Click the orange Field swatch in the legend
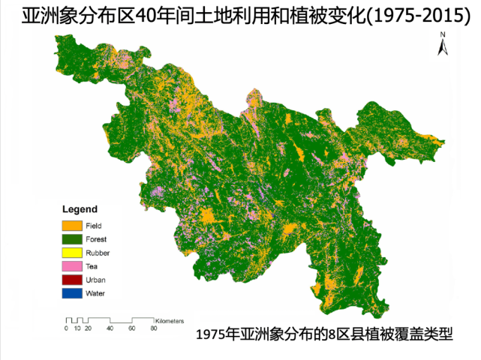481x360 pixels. click(x=72, y=225)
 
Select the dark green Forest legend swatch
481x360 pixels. click(x=72, y=238)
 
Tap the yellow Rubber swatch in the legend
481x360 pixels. click(x=72, y=253)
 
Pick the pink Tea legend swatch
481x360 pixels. click(x=72, y=266)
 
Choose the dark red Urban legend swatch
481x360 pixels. click(x=72, y=280)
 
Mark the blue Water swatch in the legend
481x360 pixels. click(x=72, y=293)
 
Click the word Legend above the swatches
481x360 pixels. click(x=79, y=208)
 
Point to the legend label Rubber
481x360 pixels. click(x=98, y=253)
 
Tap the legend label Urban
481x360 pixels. click(x=95, y=280)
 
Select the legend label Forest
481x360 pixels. click(x=96, y=238)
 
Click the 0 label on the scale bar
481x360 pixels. click(x=66, y=328)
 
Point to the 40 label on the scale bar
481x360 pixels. click(x=110, y=328)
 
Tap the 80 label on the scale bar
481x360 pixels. click(x=154, y=328)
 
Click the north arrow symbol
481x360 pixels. click(x=443, y=47)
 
